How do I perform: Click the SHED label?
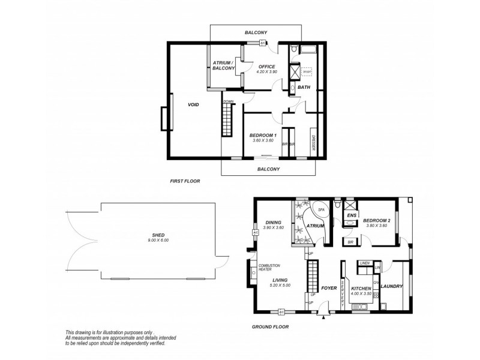pyautogui.click(x=158, y=236)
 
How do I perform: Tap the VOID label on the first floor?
pyautogui.click(x=193, y=104)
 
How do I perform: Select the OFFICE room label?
pyautogui.click(x=267, y=67)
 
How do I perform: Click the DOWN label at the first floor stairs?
pyautogui.click(x=229, y=101)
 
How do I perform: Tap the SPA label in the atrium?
pyautogui.click(x=320, y=211)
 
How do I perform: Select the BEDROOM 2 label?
pyautogui.click(x=377, y=221)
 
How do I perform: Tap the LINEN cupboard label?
pyautogui.click(x=364, y=263)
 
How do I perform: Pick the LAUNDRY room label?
pyautogui.click(x=391, y=287)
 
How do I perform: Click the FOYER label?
pyautogui.click(x=328, y=288)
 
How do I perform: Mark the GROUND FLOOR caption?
pyautogui.click(x=271, y=327)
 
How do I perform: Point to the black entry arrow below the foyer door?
pyautogui.click(x=324, y=318)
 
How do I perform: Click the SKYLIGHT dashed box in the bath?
pyautogui.click(x=307, y=71)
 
